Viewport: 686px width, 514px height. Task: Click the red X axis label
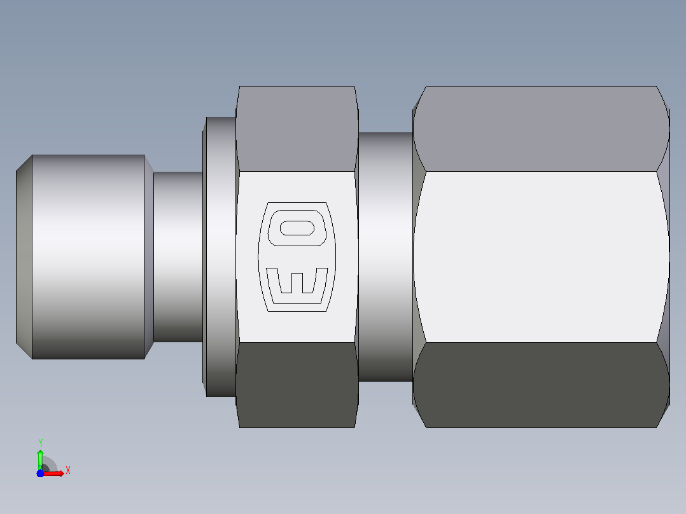[x=68, y=471]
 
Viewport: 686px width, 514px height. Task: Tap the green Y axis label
[x=40, y=442]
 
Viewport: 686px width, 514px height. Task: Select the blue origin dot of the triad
[x=40, y=473]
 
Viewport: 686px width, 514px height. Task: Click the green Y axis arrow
[x=40, y=459]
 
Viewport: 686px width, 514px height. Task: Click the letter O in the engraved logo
[x=297, y=228]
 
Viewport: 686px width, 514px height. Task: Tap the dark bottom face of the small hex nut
[x=297, y=385]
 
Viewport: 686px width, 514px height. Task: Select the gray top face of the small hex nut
[x=297, y=128]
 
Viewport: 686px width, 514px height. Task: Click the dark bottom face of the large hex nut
[x=541, y=385]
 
